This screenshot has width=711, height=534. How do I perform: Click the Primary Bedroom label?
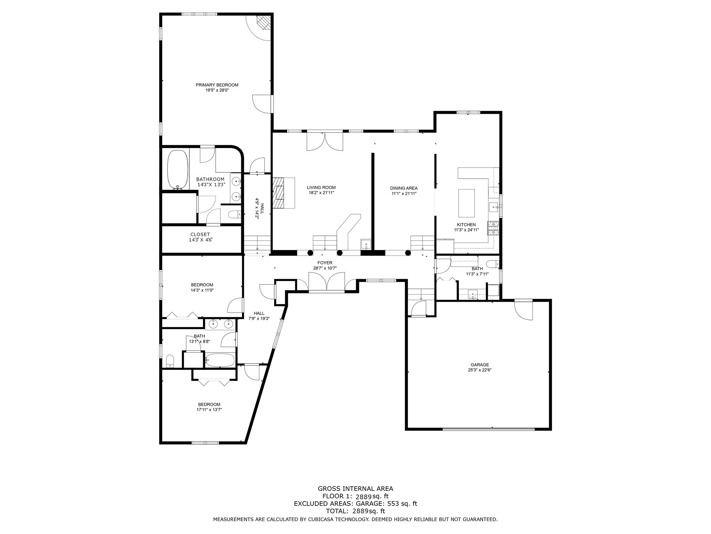[x=217, y=85]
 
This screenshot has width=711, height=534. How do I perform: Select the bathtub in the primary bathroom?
[x=178, y=169]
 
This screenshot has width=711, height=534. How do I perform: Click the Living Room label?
[x=321, y=187]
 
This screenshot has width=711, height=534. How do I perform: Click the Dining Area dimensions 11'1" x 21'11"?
[x=403, y=194]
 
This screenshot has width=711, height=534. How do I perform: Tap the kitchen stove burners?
[x=493, y=228]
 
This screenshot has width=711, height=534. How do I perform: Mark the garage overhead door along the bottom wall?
[x=489, y=429]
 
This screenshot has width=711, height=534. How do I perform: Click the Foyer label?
[x=325, y=263]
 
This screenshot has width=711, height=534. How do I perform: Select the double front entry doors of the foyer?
[x=326, y=282]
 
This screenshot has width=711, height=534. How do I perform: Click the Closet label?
[x=200, y=235]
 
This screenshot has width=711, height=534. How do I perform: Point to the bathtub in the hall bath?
[x=220, y=360]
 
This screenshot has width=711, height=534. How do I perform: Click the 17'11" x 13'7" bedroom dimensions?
[x=209, y=410]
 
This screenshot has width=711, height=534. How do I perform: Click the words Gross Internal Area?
[x=355, y=489]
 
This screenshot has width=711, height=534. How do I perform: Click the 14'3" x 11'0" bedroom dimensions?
[x=202, y=290]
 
